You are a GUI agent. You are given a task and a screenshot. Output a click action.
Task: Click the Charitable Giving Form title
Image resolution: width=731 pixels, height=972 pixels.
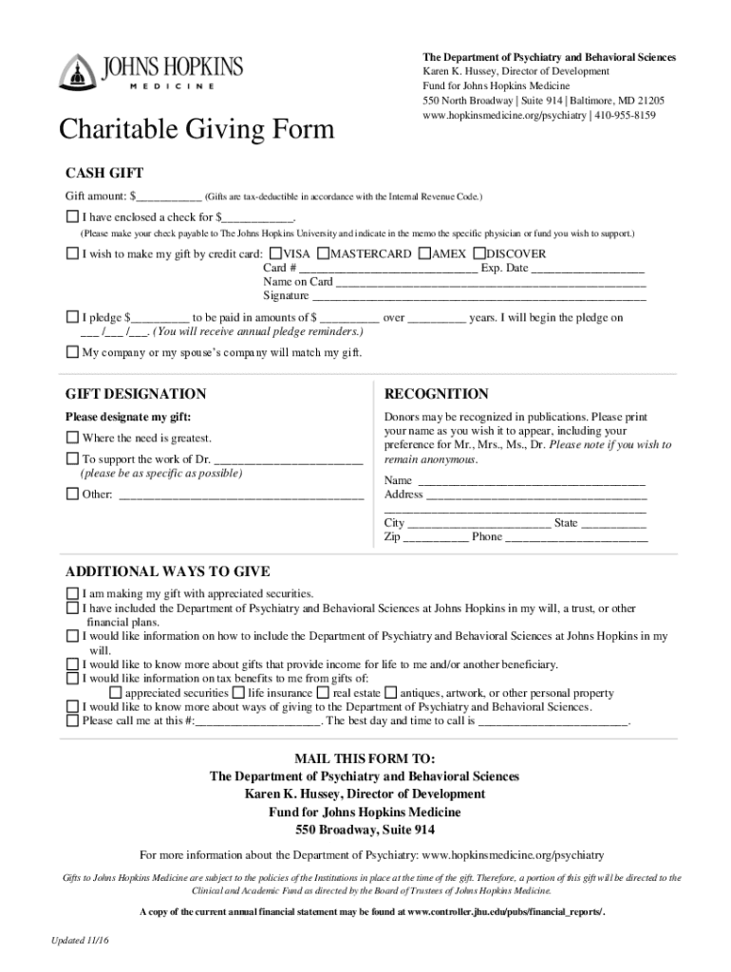197,128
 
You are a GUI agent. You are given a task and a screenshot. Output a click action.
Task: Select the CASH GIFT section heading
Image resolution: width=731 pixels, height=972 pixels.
103,173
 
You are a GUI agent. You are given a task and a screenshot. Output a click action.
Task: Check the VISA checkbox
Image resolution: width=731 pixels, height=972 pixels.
275,254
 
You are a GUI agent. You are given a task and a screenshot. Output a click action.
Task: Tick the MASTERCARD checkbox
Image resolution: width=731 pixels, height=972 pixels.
323,254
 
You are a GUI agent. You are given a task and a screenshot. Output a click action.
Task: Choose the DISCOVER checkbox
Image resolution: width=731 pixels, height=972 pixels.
478,254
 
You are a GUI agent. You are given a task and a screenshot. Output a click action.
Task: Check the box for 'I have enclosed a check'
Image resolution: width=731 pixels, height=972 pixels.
72,216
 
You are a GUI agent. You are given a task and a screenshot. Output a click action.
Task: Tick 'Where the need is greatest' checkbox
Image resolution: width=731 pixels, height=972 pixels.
72,438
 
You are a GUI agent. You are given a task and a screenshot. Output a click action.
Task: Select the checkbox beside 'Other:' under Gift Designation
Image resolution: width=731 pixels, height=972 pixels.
72,494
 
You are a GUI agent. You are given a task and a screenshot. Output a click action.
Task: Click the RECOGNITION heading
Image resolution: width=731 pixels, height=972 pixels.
436,394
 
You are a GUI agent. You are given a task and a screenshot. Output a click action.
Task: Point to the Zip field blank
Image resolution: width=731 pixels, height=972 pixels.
436,537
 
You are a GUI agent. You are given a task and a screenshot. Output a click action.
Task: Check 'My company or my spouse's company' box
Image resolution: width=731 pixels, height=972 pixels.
72,352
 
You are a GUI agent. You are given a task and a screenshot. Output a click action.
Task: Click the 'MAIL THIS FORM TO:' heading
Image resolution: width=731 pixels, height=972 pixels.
365,759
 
